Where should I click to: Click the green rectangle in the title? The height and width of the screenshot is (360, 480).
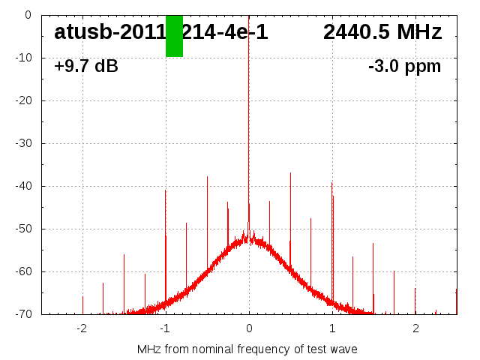tap(174, 36)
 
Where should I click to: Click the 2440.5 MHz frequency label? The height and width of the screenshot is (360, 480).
tap(382, 32)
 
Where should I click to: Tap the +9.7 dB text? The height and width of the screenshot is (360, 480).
tap(86, 67)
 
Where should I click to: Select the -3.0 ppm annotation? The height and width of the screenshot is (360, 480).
tap(404, 67)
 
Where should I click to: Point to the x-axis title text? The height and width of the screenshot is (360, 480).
tap(247, 349)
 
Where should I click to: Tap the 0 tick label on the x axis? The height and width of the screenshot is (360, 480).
tap(249, 328)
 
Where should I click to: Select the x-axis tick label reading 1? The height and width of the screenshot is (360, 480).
tap(332, 328)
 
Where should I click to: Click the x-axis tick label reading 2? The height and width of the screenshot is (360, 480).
tap(415, 328)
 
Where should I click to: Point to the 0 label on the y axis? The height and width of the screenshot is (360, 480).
tap(27, 15)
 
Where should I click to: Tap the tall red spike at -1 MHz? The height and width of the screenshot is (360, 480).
tap(166, 225)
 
